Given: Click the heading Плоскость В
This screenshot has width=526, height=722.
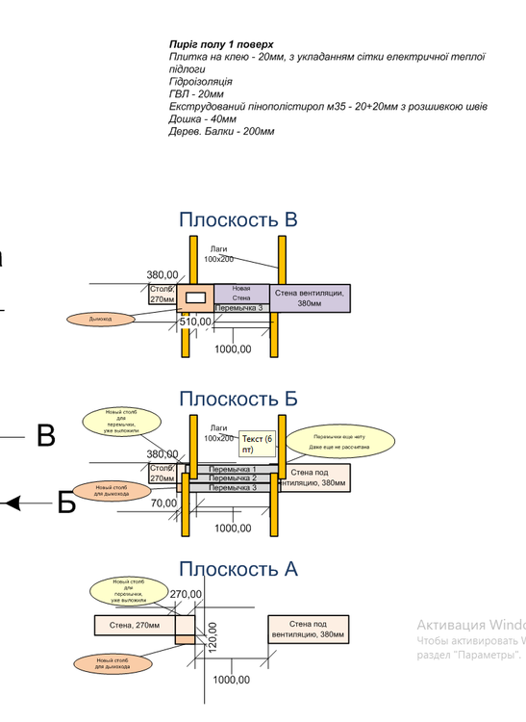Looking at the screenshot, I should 238,219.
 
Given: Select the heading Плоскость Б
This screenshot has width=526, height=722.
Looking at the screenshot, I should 238,398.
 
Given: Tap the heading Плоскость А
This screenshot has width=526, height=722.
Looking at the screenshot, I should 238,569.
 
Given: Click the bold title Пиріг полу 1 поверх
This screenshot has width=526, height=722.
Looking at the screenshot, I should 221,44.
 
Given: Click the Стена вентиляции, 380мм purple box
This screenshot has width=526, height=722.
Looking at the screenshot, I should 310,297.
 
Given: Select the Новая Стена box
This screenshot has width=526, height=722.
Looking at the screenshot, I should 240,293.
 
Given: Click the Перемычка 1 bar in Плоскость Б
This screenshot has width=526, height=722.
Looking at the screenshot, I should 233,469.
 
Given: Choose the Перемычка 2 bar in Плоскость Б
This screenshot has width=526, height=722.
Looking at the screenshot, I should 233,478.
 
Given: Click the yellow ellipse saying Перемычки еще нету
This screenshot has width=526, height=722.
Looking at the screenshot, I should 340,439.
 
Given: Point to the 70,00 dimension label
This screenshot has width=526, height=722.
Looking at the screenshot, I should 163,503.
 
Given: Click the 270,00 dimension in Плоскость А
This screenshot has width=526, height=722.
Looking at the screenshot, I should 187,594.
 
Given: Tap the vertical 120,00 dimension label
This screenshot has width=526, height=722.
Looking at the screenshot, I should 213,635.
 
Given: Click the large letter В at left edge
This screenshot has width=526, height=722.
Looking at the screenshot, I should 45,436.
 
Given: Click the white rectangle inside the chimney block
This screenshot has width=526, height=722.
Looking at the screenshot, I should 195,297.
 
